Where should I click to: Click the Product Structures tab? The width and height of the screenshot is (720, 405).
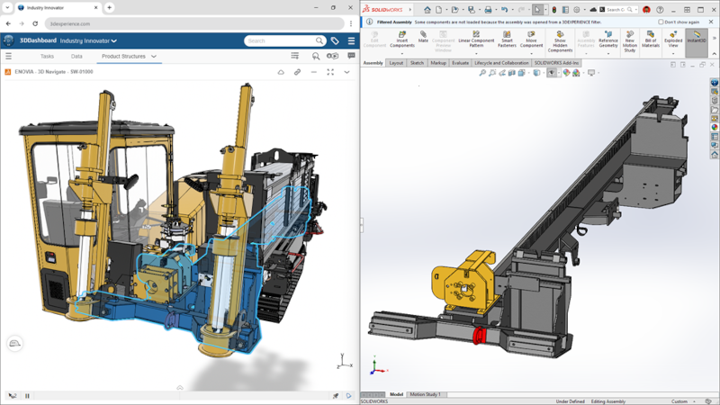click(x=123, y=56)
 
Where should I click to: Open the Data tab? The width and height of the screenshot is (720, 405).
click(x=76, y=56)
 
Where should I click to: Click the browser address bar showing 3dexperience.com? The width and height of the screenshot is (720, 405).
click(x=180, y=23)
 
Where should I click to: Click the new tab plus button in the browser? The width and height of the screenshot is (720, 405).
click(x=110, y=7)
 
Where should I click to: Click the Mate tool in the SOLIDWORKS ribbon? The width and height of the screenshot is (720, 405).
click(x=423, y=38)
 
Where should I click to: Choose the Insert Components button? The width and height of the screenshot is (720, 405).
click(x=401, y=39)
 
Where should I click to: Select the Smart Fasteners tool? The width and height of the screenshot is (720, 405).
click(x=507, y=39)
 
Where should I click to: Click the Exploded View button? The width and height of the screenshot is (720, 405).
click(x=672, y=39)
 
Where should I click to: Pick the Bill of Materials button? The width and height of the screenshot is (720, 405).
click(x=650, y=39)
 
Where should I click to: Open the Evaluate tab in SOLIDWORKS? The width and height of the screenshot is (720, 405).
click(x=460, y=63)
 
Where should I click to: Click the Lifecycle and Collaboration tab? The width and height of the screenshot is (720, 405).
click(x=501, y=63)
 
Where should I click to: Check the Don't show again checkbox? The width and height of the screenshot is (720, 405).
click(x=661, y=22)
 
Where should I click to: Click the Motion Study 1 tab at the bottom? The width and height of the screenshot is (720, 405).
click(x=426, y=394)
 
